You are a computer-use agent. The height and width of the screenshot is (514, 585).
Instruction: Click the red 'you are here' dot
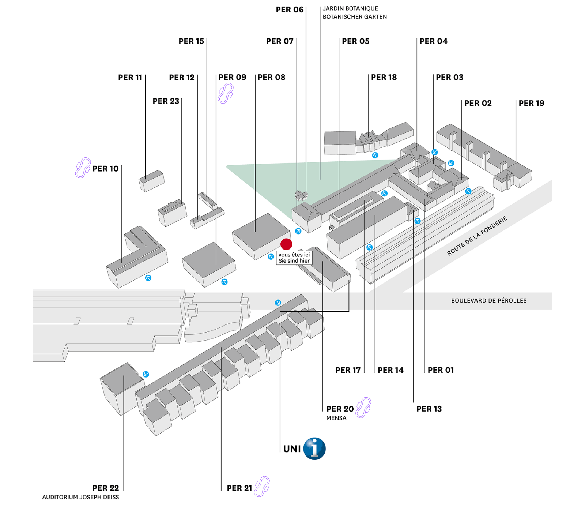(x=286, y=244)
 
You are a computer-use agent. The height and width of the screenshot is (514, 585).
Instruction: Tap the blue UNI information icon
(x=314, y=449)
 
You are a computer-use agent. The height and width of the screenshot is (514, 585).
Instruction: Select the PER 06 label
(x=290, y=10)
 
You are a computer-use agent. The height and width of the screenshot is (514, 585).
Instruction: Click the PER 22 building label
(x=105, y=488)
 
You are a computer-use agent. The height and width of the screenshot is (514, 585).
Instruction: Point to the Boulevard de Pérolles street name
(x=489, y=301)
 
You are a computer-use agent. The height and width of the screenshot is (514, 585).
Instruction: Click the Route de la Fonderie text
(x=477, y=236)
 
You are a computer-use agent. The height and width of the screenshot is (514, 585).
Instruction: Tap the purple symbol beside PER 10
(x=83, y=168)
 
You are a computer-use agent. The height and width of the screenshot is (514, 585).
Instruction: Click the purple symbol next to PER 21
(x=262, y=486)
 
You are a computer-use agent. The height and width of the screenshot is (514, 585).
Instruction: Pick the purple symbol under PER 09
(x=226, y=93)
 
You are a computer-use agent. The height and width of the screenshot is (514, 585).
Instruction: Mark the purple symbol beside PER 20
(x=363, y=407)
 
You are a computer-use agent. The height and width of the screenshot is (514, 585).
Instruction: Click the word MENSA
(x=336, y=418)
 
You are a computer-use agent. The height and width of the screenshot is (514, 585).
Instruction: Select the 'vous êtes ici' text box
(x=294, y=258)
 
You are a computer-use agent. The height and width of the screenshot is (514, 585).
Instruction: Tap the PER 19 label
(x=531, y=104)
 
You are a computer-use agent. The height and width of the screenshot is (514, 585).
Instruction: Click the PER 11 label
(x=130, y=78)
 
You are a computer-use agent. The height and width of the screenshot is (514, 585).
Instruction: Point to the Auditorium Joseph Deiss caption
(x=80, y=497)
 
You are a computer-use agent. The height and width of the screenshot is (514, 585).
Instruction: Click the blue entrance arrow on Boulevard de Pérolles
(x=278, y=303)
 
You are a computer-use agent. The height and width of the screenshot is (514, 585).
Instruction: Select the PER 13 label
(x=429, y=409)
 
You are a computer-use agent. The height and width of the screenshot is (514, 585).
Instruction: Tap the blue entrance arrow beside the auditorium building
(x=146, y=374)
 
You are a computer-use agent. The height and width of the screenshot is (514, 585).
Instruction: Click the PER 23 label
(x=166, y=101)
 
